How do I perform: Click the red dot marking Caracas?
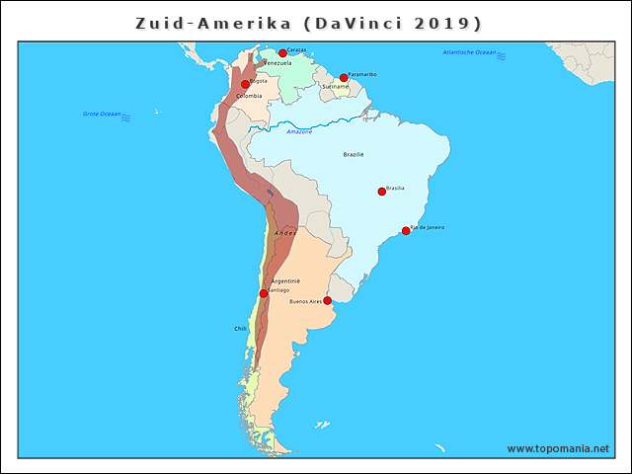tap(282, 53)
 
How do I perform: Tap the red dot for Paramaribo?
tap(344, 78)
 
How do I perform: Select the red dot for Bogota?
tap(245, 84)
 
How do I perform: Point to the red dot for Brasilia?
tap(381, 192)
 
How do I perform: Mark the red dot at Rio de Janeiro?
tap(405, 231)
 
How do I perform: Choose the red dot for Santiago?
tap(263, 293)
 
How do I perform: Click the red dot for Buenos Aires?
tap(327, 301)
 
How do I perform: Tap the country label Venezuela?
tap(276, 63)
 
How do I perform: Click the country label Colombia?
tap(249, 96)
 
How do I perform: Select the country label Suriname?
tap(335, 87)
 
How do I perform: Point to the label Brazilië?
tap(354, 154)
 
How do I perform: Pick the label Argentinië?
tap(285, 281)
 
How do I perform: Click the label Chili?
tap(240, 328)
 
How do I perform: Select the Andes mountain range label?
tap(284, 233)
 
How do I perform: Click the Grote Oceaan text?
tap(102, 115)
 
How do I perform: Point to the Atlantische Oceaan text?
tap(470, 51)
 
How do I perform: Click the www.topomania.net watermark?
tap(558, 448)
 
